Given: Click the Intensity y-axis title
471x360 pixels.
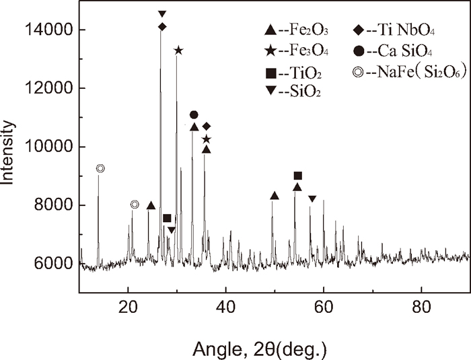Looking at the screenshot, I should [x=9, y=152].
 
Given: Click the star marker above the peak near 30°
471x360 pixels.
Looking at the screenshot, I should [x=178, y=50].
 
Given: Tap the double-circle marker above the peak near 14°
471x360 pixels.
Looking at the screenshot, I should [x=101, y=168].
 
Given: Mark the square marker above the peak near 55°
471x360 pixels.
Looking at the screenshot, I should [x=298, y=176].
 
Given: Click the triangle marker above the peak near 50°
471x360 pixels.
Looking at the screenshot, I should [x=274, y=196].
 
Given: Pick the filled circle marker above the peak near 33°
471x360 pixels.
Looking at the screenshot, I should [x=194, y=115].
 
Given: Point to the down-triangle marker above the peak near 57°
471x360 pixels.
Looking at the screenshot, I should [x=312, y=199].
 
